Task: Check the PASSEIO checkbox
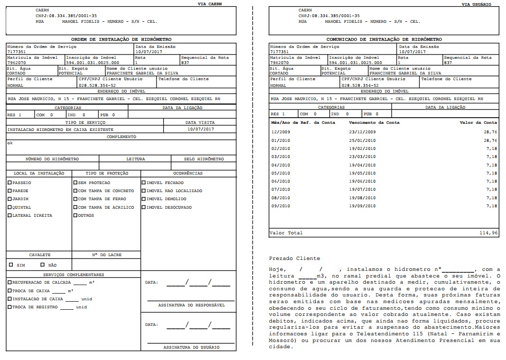click(9, 183)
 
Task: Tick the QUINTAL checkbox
click(9, 207)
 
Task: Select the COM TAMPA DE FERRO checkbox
click(75, 199)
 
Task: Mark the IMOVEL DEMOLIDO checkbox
click(144, 199)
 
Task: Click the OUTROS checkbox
click(75, 215)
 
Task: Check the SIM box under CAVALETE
click(11, 265)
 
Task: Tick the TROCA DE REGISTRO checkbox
click(9, 307)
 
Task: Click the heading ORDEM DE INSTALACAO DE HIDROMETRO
click(121, 39)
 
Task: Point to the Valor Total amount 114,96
click(488, 233)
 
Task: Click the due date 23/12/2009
click(362, 131)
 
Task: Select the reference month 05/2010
click(280, 173)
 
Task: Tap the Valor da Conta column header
click(478, 122)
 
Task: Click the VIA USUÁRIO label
click(477, 4)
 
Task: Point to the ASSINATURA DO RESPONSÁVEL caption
click(191, 305)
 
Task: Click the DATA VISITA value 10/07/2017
click(200, 129)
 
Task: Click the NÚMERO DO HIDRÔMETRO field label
click(52, 159)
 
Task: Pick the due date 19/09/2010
click(362, 206)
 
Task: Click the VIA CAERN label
click(210, 4)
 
